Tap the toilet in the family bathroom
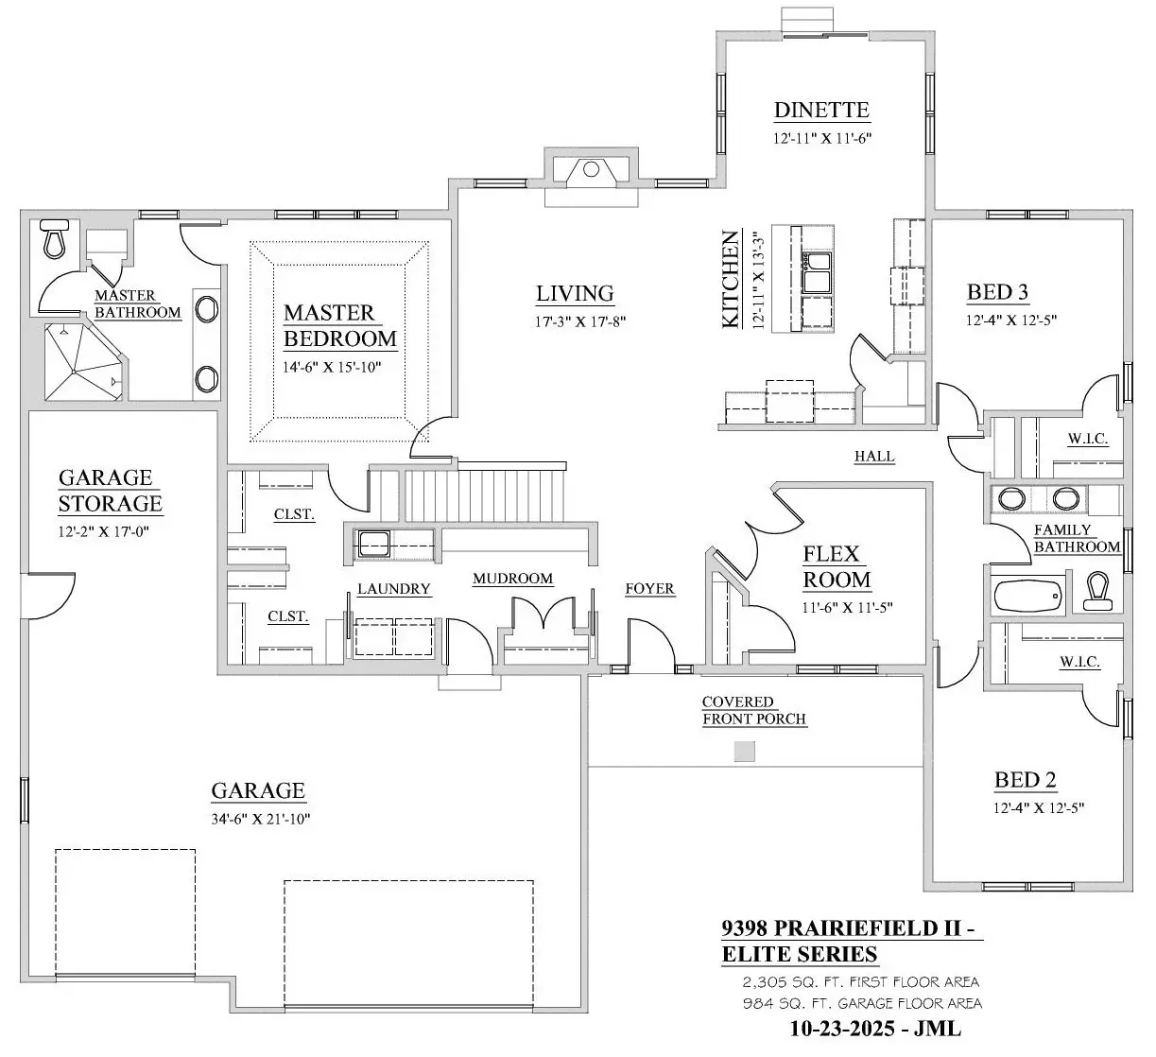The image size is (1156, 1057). (x=1097, y=591)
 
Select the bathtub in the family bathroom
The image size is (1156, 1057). (x=1028, y=597)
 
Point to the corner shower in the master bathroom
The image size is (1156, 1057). (x=83, y=361)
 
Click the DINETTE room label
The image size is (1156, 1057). (x=821, y=110)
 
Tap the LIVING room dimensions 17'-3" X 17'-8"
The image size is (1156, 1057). (x=580, y=321)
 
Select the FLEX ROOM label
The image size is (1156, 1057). (x=837, y=567)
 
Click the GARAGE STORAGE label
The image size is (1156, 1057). (x=110, y=491)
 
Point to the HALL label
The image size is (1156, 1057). (x=874, y=456)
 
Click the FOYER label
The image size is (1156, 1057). (x=649, y=588)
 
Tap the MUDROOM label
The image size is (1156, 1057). (x=513, y=579)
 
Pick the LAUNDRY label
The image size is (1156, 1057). (x=393, y=589)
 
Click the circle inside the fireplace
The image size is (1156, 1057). (x=592, y=169)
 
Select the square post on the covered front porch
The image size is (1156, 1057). (x=745, y=752)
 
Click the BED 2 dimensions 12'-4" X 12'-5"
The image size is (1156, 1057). (x=1039, y=808)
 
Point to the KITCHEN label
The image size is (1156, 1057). (x=730, y=280)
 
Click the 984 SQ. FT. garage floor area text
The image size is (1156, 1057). (x=862, y=1003)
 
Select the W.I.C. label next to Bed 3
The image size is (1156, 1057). (x=1087, y=439)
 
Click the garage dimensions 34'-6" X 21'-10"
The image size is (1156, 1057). (x=261, y=819)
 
